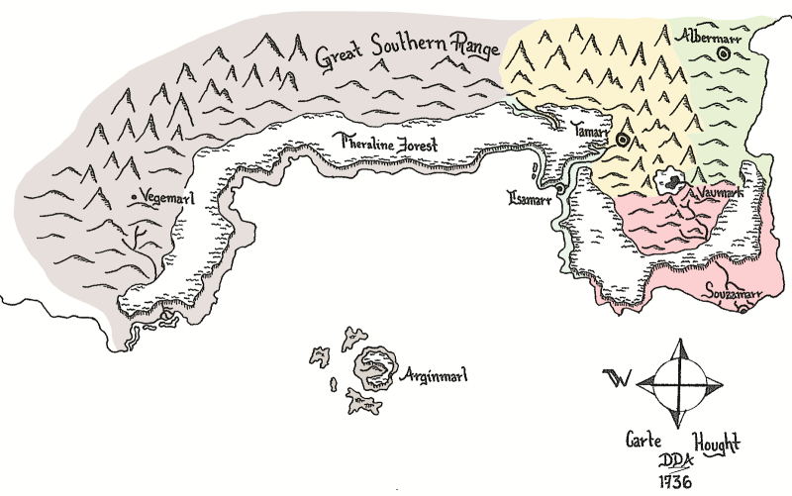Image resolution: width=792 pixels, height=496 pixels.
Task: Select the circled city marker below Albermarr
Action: tap(723, 56)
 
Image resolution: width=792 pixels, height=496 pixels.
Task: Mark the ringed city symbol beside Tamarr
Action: tap(623, 141)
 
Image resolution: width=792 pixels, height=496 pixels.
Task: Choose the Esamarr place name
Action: tap(531, 197)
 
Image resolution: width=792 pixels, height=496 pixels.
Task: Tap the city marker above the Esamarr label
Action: tap(559, 186)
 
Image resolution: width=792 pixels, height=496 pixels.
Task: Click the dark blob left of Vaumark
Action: tap(673, 180)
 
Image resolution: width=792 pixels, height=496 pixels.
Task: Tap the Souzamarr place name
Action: tap(734, 294)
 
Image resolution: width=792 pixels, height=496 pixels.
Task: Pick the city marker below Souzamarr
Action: tap(742, 311)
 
